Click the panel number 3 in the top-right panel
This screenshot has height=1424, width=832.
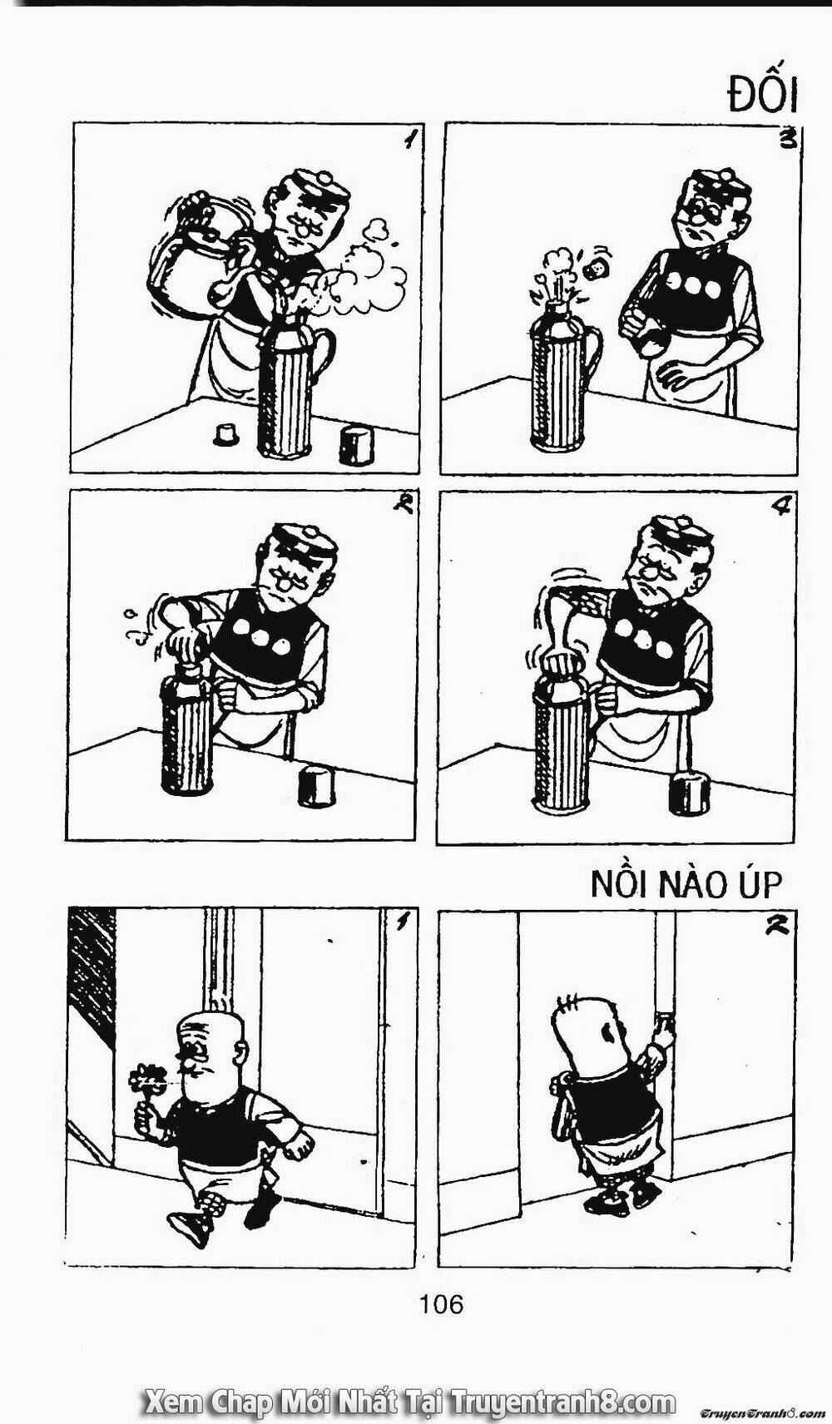[x=790, y=139]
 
